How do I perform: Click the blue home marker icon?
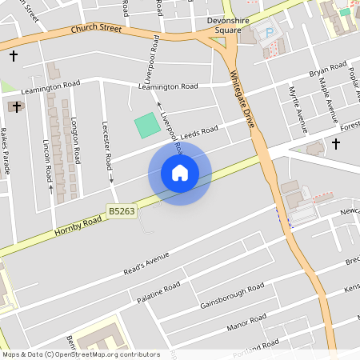[x=180, y=172]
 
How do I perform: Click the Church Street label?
[x=96, y=29]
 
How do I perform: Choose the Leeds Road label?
[x=199, y=132]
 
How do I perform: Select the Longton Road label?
[x=76, y=140]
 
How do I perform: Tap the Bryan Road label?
[x=328, y=69]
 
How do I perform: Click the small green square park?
[x=146, y=125]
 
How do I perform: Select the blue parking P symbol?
[x=269, y=33]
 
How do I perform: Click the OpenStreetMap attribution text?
[x=80, y=354]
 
